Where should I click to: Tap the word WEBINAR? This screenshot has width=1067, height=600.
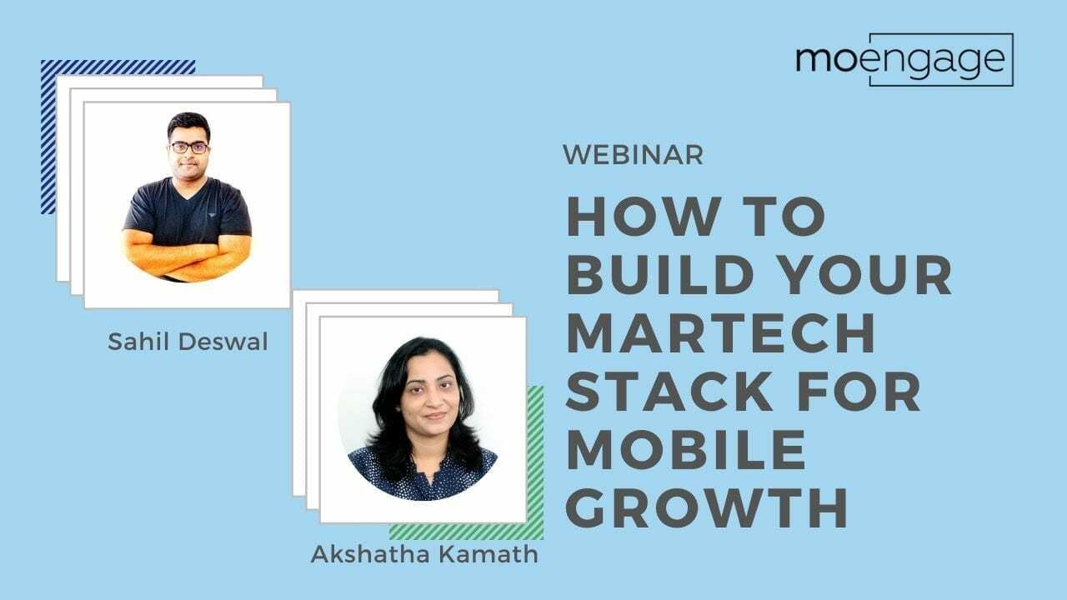[x=633, y=155]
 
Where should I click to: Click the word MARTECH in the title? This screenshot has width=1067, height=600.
[x=720, y=332]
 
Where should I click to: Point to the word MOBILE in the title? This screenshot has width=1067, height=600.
[x=686, y=450]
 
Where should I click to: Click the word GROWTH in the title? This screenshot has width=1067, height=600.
[x=707, y=509]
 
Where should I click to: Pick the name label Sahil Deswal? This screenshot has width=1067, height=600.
[x=188, y=342]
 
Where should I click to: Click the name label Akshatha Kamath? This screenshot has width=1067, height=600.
[x=424, y=554]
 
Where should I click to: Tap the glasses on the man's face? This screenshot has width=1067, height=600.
[x=188, y=147]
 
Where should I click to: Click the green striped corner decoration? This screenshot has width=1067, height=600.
[x=533, y=467]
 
